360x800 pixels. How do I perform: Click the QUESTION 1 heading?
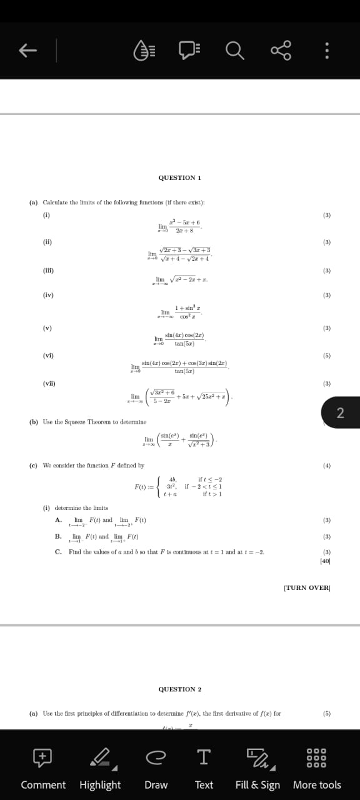(179, 178)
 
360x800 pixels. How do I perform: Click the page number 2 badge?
(340, 412)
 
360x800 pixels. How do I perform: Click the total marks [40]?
(325, 561)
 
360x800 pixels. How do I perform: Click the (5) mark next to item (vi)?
(326, 356)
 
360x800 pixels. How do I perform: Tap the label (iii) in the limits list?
(48, 271)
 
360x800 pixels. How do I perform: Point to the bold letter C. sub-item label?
(58, 552)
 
